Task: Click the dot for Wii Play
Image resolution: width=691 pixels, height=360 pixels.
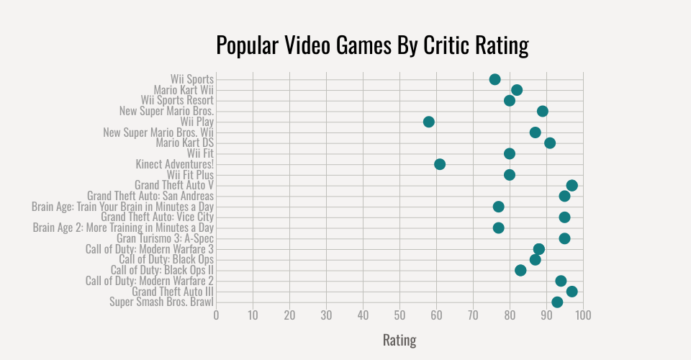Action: tap(429, 122)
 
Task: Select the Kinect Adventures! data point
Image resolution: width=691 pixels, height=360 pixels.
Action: tap(440, 164)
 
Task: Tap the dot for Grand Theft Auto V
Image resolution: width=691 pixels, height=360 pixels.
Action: tap(572, 186)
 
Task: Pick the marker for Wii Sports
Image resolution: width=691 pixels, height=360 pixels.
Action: tap(494, 79)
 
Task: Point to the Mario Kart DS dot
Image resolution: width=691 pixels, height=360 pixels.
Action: tap(550, 143)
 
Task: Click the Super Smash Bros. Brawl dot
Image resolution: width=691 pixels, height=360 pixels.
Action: tap(557, 302)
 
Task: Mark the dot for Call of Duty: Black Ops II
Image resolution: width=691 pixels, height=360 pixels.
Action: tap(520, 271)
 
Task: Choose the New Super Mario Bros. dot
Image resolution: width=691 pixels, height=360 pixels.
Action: tap(543, 111)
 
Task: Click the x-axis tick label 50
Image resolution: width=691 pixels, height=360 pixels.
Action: tap(399, 315)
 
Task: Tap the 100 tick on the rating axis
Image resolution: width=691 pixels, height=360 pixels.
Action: tap(583, 315)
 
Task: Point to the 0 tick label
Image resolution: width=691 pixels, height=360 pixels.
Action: tap(216, 315)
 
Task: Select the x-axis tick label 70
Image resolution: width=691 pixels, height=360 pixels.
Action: tap(473, 315)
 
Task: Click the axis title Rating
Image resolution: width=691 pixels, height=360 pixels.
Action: tap(399, 340)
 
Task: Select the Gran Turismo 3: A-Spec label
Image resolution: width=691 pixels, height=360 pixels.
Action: tap(165, 238)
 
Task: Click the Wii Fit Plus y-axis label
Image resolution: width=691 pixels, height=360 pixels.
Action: tap(190, 175)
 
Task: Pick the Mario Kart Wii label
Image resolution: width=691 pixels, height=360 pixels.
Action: tap(184, 90)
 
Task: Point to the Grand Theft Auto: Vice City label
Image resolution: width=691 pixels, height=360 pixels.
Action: tap(157, 217)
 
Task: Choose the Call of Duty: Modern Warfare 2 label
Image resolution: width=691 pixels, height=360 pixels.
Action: tap(149, 281)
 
